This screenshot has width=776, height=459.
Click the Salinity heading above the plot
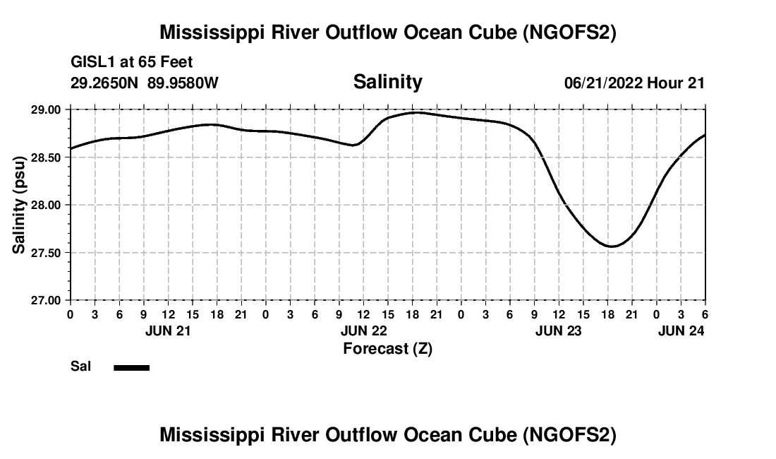[x=387, y=82]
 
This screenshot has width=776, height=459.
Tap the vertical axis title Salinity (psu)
[x=19, y=205]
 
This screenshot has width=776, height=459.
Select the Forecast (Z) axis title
[x=387, y=348]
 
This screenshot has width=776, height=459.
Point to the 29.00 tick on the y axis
[x=46, y=110]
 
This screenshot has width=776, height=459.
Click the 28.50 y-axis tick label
[x=46, y=157]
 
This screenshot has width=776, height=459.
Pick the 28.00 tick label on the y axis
[x=46, y=205]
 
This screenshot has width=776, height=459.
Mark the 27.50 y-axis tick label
[x=46, y=253]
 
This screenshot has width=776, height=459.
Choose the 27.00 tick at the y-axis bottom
[x=46, y=300]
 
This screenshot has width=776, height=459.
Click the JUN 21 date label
[x=168, y=330]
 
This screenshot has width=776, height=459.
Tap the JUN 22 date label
[x=363, y=330]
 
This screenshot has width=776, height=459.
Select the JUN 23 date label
[x=559, y=330]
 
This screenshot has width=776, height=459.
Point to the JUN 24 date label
[x=681, y=330]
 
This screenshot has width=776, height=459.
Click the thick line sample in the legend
[x=131, y=367]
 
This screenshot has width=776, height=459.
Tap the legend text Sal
[x=80, y=366]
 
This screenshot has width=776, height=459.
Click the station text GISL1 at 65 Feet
[x=132, y=63]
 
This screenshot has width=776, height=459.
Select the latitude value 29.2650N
[x=106, y=83]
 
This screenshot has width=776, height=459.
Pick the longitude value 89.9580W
[x=183, y=83]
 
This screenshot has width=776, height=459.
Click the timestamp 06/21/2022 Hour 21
[x=634, y=83]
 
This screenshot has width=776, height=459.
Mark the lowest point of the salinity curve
[x=612, y=246]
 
